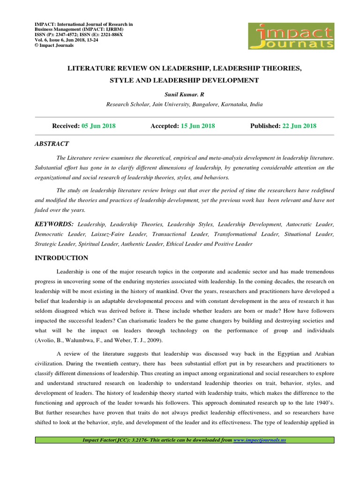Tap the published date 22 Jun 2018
(299, 126)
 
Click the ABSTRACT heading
(52, 143)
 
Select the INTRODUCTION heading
(61, 258)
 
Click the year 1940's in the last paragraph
(322, 402)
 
